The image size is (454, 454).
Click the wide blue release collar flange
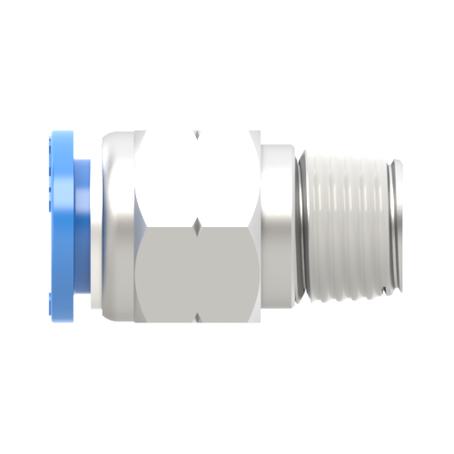click(x=58, y=227)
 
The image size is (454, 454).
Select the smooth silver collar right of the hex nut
click(x=276, y=227)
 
